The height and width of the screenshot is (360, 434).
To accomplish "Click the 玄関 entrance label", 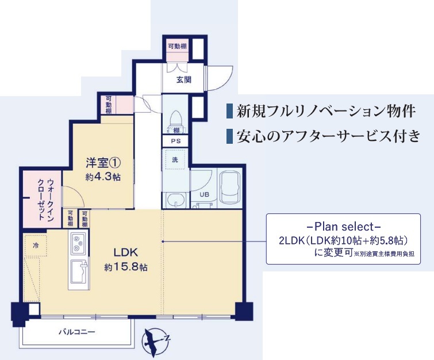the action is click(x=184, y=80).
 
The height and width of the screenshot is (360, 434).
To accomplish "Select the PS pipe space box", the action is click(x=175, y=141).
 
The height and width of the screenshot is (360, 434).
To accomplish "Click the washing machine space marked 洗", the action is click(x=175, y=159).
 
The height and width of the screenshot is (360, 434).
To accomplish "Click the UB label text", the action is click(x=204, y=195).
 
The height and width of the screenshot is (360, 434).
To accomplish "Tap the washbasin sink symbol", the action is click(x=176, y=200).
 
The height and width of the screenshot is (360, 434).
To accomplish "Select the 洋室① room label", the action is click(x=103, y=163).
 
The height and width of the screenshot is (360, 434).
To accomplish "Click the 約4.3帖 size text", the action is click(x=103, y=177).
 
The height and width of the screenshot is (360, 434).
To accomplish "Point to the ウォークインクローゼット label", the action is click(x=45, y=200).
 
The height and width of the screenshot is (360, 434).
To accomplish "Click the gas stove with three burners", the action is click(x=78, y=243).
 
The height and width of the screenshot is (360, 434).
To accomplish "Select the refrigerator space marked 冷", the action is click(x=36, y=245).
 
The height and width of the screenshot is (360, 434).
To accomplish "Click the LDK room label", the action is click(x=126, y=252).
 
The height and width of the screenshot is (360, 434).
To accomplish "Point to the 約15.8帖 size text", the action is click(x=126, y=267).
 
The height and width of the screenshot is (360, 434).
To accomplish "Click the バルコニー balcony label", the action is click(x=76, y=331).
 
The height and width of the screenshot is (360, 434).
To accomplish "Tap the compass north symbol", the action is click(x=156, y=341).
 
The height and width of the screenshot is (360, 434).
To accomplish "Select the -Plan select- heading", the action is click(x=344, y=227).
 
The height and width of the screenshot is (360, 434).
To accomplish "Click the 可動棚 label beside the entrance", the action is click(x=178, y=46).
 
